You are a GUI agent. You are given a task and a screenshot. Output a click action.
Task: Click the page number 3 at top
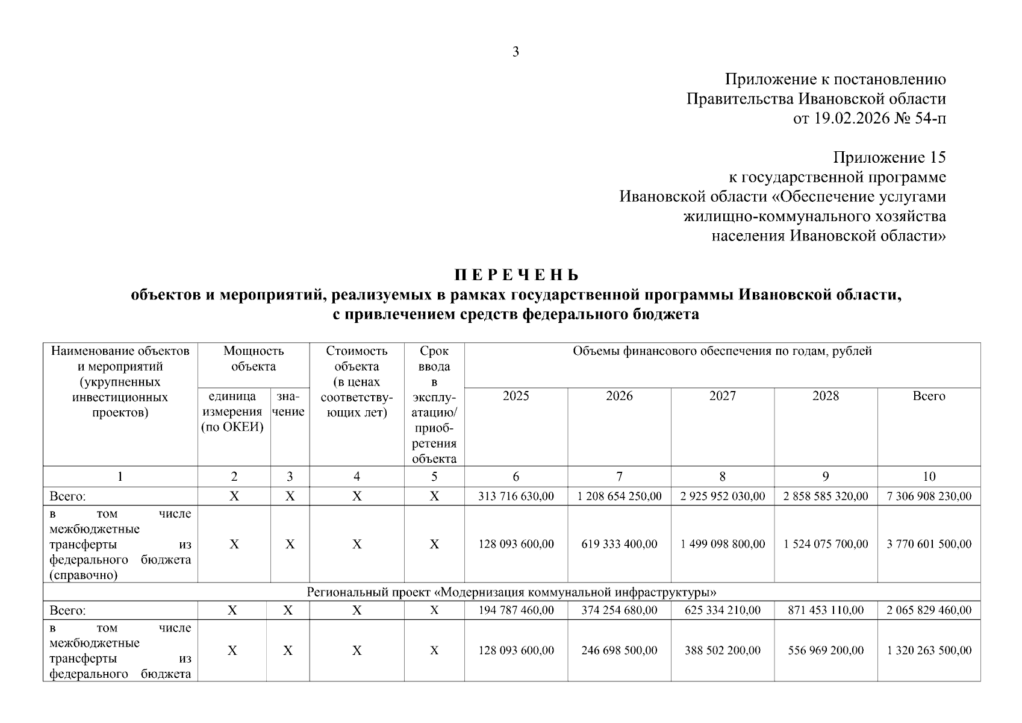[516, 52]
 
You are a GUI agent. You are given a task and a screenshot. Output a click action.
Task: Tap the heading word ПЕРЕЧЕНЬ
[516, 275]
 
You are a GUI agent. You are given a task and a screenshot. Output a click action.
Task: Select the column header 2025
[516, 396]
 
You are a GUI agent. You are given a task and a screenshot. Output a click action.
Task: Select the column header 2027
[722, 396]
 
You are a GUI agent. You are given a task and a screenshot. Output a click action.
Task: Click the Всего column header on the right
[929, 396]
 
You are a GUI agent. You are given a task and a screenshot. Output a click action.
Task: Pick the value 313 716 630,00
[516, 496]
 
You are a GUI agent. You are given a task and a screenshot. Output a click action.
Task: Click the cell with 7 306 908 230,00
[929, 496]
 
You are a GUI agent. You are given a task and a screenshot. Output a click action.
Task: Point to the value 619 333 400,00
[619, 544]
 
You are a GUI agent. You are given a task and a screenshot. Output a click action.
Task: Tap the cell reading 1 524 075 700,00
[826, 544]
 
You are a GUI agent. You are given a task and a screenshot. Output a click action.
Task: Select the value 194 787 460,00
[516, 610]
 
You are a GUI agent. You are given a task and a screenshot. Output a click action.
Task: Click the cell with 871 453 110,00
[826, 610]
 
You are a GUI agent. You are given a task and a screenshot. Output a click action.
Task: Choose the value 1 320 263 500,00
[929, 651]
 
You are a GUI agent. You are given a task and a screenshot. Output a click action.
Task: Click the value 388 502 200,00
[722, 651]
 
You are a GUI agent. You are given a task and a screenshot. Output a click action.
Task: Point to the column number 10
[929, 477]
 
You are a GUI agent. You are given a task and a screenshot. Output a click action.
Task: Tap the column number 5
[434, 477]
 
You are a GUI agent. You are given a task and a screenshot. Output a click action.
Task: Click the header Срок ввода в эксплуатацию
[434, 404]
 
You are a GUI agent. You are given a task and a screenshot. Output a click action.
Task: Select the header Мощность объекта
[254, 358]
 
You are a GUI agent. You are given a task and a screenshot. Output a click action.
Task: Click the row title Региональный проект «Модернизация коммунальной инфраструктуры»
[511, 592]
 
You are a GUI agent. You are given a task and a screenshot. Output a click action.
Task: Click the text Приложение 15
[889, 158]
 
